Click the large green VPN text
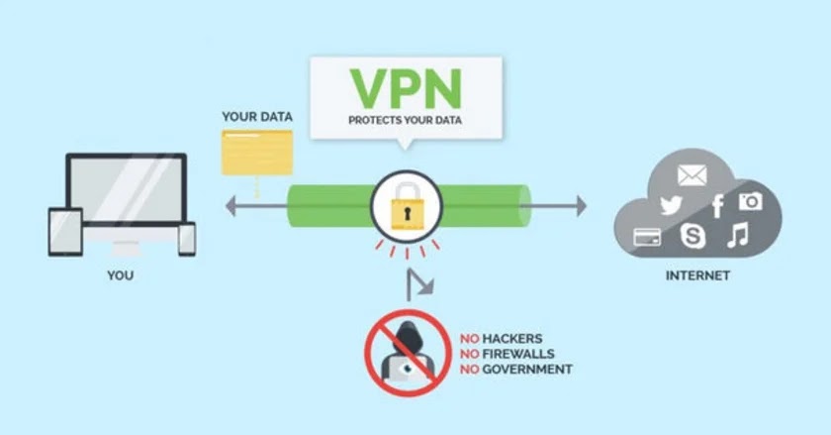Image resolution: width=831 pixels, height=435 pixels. (406, 87)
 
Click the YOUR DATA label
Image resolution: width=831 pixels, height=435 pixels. (257, 117)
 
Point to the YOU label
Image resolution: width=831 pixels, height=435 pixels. (120, 275)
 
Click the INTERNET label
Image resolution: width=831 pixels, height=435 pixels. (697, 275)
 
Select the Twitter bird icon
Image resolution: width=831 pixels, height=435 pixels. (672, 206)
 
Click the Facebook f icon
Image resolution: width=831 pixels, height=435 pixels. (717, 206)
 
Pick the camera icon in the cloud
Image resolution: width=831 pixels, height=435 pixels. (751, 201)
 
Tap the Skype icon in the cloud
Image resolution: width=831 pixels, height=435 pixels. (692, 236)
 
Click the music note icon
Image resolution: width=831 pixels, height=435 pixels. (736, 235)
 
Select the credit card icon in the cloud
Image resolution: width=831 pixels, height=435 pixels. (649, 237)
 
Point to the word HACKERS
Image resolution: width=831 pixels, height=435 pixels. (512, 339)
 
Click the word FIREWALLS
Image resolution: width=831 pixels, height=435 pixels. (519, 354)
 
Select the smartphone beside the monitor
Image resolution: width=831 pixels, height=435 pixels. (186, 238)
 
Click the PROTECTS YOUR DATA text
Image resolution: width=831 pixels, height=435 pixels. (405, 121)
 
